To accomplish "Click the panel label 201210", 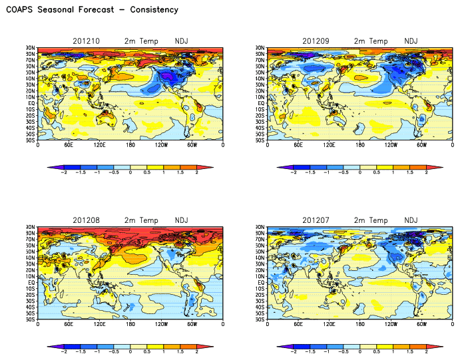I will point(86,41).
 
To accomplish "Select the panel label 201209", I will point(316,41).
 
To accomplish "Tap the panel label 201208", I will point(86,220).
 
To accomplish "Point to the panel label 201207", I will point(316,220).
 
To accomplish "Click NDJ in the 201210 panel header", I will point(181,41).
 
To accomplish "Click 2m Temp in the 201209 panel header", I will point(369,41).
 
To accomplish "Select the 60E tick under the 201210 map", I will point(69,145).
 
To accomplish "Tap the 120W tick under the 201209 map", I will point(390,145).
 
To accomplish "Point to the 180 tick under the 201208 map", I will point(130,324).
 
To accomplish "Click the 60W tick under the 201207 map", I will point(421,324).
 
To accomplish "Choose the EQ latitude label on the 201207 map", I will point(262,282).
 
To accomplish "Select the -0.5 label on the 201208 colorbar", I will point(114,351).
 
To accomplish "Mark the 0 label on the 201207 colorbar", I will point(360,351).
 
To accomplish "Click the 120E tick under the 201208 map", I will point(100,324).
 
